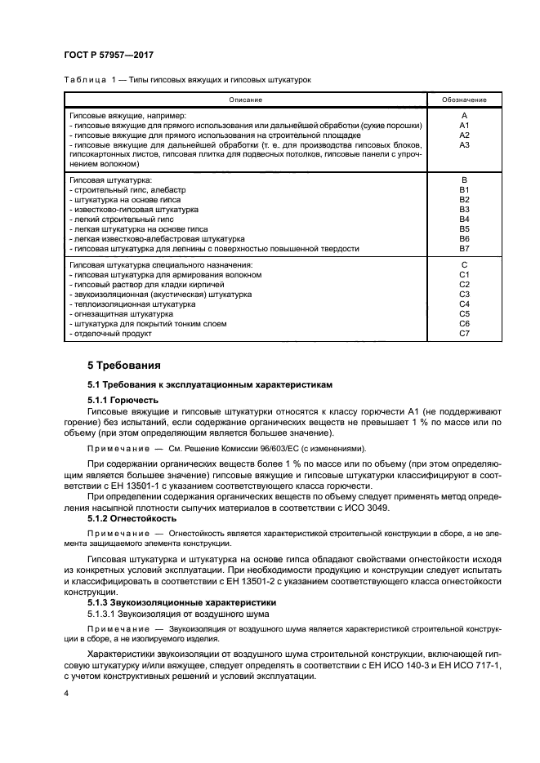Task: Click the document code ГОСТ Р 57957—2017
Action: [x=109, y=55]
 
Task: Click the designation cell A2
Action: [x=464, y=135]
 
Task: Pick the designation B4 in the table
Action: [x=464, y=219]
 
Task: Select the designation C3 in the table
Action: [x=464, y=294]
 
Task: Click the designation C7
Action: [x=464, y=333]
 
